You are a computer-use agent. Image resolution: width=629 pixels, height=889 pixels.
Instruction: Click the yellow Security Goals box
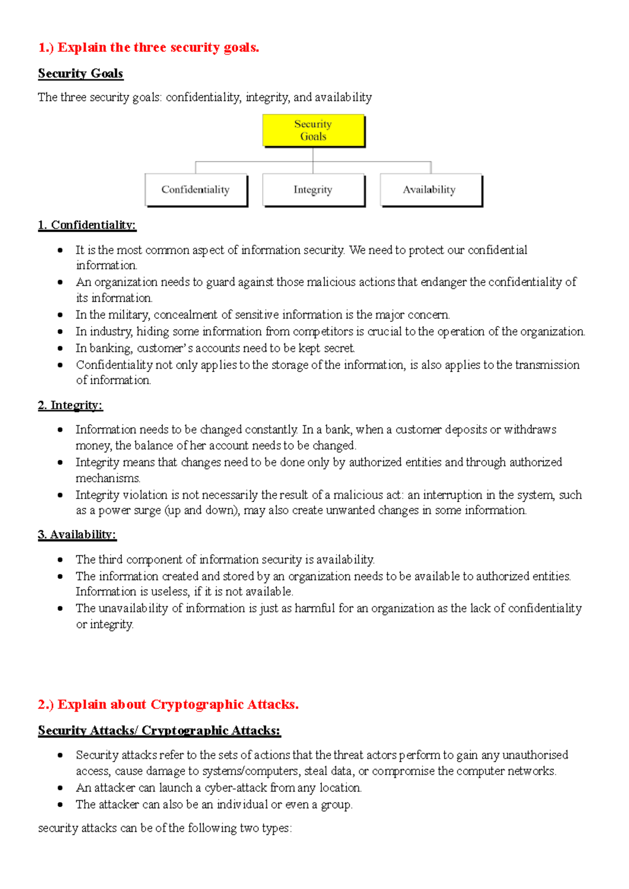click(313, 131)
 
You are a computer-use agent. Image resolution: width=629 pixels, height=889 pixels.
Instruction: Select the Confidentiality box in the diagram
click(196, 190)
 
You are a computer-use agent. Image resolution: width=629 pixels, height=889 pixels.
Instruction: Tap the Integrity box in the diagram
click(313, 190)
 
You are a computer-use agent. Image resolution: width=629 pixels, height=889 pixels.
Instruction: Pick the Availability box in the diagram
click(430, 190)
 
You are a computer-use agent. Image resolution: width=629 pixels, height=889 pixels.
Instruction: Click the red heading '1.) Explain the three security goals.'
click(148, 48)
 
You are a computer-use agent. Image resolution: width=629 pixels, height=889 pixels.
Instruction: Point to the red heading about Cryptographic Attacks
click(168, 704)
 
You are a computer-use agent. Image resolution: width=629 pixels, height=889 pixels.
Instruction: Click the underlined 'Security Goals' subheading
click(80, 73)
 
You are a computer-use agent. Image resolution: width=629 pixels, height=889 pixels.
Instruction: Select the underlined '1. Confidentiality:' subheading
click(86, 225)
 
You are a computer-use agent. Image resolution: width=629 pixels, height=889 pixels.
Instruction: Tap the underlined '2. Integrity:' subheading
click(70, 405)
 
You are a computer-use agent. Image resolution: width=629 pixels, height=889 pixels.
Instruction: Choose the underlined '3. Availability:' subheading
click(77, 535)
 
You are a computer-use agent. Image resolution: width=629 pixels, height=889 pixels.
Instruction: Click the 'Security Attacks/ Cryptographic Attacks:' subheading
click(159, 730)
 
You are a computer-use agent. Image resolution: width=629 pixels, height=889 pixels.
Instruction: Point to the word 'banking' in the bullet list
click(111, 349)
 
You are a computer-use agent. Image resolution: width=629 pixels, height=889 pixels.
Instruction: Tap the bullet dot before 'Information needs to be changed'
click(60, 430)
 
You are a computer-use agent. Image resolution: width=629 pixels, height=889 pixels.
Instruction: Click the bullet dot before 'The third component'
click(60, 560)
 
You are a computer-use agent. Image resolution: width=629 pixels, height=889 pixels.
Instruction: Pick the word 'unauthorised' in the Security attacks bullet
click(535, 755)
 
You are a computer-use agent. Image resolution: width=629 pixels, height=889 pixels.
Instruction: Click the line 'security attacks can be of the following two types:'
click(165, 828)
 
